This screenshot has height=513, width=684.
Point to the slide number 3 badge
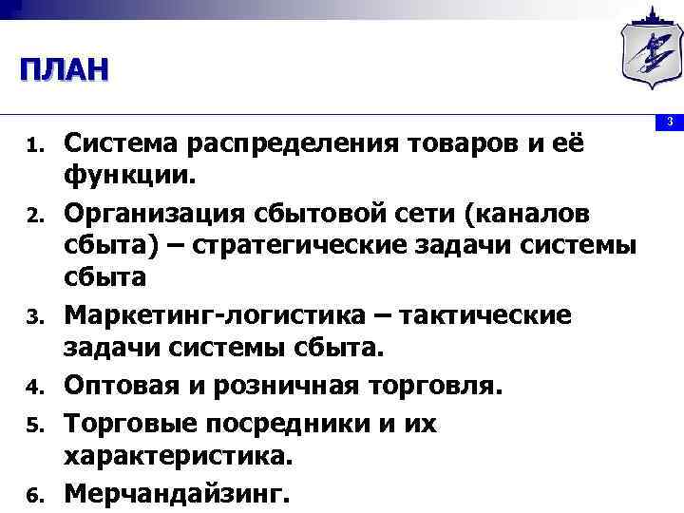[x=669, y=122]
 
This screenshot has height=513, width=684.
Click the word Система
[x=123, y=143]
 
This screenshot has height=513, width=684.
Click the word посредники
[x=273, y=423]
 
